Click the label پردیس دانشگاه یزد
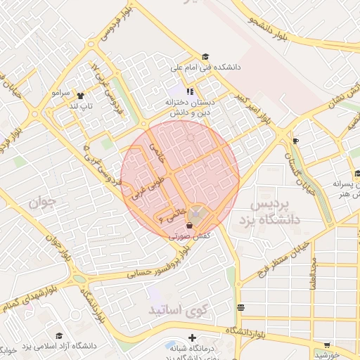[x=275, y=212]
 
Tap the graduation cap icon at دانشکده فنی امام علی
[x=205, y=57]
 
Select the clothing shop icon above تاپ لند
[x=80, y=96]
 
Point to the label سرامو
[x=60, y=93]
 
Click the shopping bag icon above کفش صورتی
[x=189, y=226]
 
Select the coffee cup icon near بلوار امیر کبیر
[x=295, y=141]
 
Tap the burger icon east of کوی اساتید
[x=241, y=307]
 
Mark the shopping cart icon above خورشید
[x=327, y=345]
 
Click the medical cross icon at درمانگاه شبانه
[x=192, y=338]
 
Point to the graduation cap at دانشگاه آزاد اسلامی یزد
[x=59, y=335]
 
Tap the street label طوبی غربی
[x=145, y=187]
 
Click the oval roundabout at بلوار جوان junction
[x=79, y=278]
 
